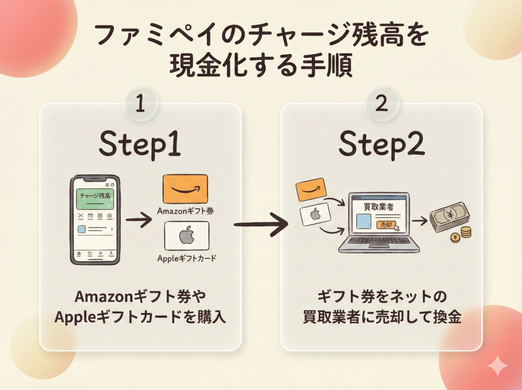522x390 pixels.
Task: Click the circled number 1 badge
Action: (x=141, y=105)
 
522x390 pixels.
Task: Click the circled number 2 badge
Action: (x=381, y=105)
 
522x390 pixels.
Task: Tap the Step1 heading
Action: (x=140, y=145)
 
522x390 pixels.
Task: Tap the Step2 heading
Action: (x=381, y=145)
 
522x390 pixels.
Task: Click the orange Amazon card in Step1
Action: (x=185, y=189)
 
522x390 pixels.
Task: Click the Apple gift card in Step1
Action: (x=187, y=236)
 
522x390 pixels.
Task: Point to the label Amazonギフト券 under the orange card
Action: (x=186, y=211)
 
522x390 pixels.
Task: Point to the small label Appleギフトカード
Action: (x=187, y=258)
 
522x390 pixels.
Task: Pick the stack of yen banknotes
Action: (x=448, y=217)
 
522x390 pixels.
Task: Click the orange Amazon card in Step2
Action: (x=311, y=190)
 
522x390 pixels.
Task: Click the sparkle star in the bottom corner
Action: (x=497, y=366)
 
